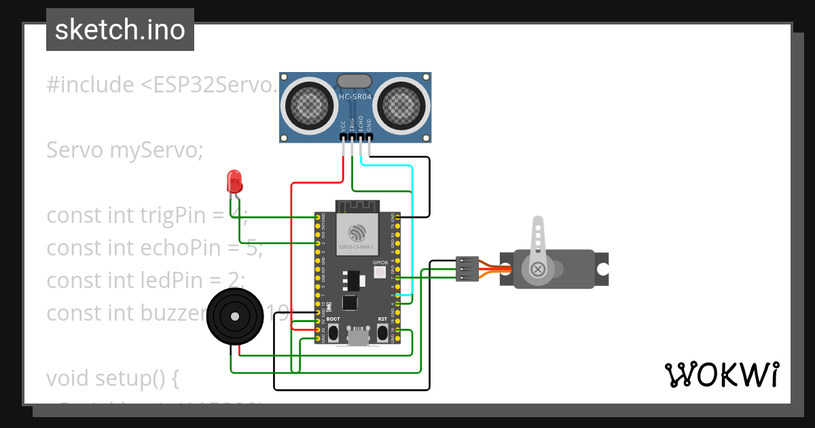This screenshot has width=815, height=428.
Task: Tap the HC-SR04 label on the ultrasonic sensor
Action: (355, 97)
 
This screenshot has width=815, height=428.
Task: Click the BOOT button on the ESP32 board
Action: (333, 332)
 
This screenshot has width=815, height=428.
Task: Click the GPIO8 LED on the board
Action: (380, 272)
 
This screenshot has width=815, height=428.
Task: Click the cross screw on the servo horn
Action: (538, 270)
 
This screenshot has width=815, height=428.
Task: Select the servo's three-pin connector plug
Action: (467, 269)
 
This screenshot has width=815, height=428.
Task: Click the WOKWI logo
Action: (721, 374)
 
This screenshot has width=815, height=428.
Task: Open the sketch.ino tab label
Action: (120, 30)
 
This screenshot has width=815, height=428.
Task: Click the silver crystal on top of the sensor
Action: (355, 81)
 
